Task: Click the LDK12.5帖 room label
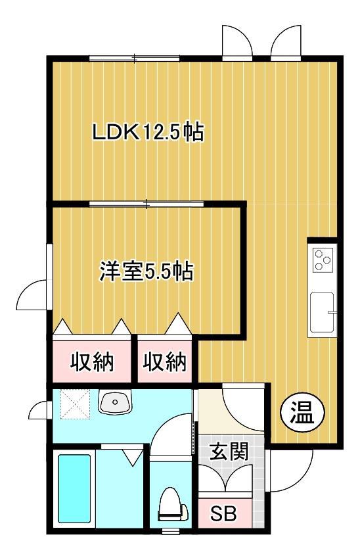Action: [146, 133]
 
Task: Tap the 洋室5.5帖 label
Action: [146, 271]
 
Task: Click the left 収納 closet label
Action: [93, 361]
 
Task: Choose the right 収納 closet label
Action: [165, 361]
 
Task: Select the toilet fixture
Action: [169, 505]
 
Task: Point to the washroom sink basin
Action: [116, 402]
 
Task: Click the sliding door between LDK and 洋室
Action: [148, 204]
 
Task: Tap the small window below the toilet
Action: [171, 530]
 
